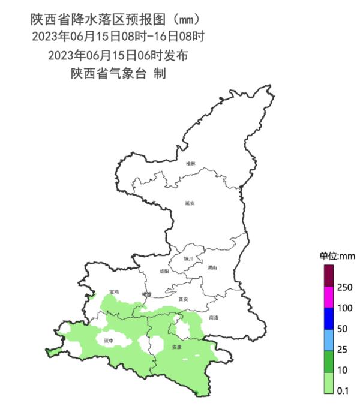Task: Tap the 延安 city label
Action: [190, 203]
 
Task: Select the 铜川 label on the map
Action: [188, 258]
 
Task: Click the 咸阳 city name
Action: [164, 271]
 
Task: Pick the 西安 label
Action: [184, 299]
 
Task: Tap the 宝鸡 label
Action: [114, 292]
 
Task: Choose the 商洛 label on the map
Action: [214, 317]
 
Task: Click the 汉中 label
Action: [109, 340]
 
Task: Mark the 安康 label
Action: [176, 347]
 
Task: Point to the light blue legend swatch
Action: [328, 339]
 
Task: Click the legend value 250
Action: [345, 288]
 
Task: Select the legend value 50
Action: [343, 329]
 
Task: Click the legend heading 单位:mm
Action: [337, 256]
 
